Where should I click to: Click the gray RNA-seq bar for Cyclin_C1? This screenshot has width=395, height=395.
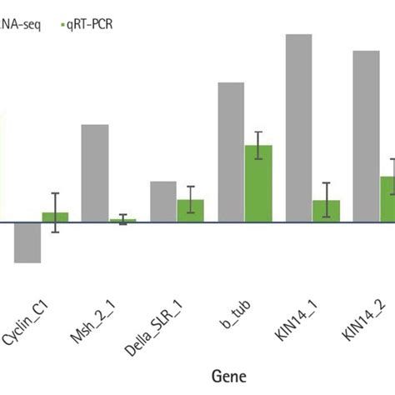pyautogui.click(x=27, y=242)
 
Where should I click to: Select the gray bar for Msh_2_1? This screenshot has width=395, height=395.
pyautogui.click(x=95, y=172)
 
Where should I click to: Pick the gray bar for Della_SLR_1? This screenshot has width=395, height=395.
pyautogui.click(x=162, y=201)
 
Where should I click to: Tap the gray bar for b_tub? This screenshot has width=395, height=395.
pyautogui.click(x=231, y=152)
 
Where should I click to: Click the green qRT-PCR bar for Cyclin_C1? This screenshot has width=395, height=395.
pyautogui.click(x=55, y=217)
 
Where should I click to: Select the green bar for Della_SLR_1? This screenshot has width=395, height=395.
pyautogui.click(x=191, y=211)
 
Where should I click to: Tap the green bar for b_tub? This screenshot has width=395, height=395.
pyautogui.click(x=258, y=183)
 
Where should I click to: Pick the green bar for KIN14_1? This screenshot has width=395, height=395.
pyautogui.click(x=327, y=212)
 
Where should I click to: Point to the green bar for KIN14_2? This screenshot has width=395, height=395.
pyautogui.click(x=387, y=199)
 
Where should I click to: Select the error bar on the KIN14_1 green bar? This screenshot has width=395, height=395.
pyautogui.click(x=327, y=200)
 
